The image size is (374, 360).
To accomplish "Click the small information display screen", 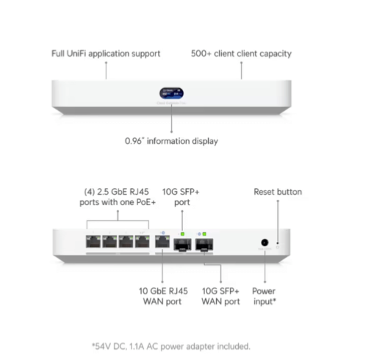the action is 171,93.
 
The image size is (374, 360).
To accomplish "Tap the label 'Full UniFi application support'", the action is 106,54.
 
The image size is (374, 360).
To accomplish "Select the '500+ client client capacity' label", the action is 241,54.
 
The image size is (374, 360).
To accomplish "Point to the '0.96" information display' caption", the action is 171,141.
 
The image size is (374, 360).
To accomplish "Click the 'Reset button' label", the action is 278,192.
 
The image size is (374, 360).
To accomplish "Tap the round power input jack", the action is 265,242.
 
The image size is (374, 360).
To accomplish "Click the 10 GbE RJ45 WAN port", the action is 162,242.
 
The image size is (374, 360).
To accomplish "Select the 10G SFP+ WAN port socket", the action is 204,245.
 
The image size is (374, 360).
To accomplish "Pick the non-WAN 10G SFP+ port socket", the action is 182,245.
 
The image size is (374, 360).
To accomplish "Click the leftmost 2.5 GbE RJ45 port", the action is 93,242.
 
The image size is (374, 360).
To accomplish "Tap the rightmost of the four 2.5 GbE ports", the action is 143,242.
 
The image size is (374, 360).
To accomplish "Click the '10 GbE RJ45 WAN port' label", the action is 163,296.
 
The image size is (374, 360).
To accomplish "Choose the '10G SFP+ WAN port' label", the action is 220,296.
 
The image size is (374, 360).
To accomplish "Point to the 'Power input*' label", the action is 265,296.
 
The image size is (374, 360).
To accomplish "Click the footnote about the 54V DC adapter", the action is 171,346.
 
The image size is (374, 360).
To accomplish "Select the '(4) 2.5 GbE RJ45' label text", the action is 116,192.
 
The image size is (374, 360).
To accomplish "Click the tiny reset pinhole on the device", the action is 278,243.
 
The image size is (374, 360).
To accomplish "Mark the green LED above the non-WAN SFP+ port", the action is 182,234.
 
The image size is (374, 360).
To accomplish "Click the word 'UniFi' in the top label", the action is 76,54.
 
